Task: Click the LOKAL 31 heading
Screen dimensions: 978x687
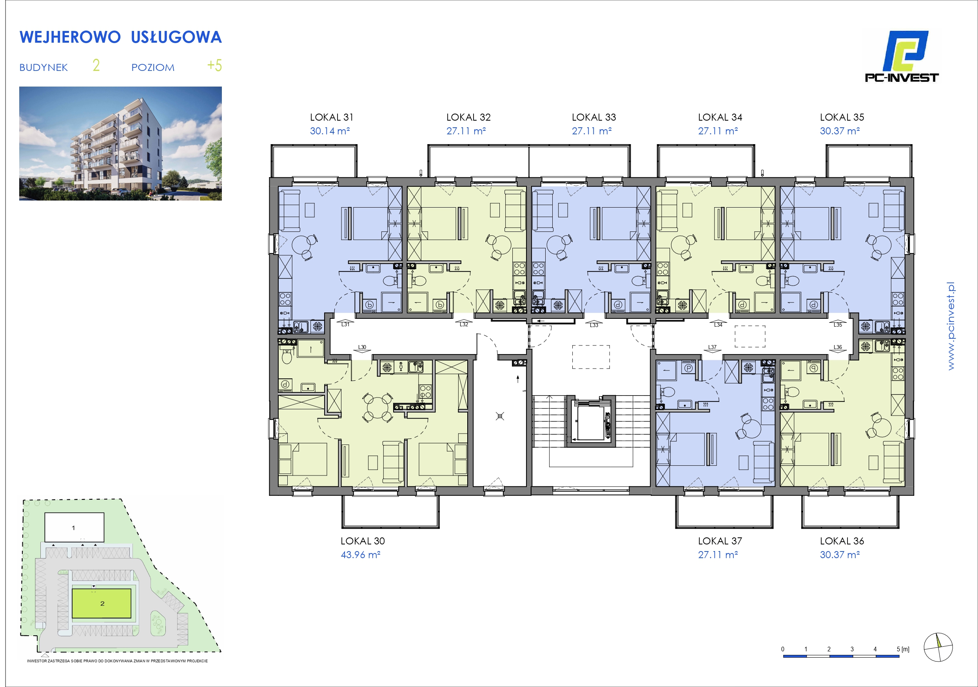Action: click(331, 117)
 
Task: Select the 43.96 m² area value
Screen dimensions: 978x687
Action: click(360, 555)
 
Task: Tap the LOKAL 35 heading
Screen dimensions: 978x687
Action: click(842, 117)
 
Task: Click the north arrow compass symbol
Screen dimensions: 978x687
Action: click(938, 647)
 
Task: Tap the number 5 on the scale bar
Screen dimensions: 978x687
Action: click(898, 649)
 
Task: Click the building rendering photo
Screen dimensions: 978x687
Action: click(121, 143)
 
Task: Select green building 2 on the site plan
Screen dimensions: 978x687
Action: click(102, 603)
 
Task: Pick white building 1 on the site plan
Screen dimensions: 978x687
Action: click(74, 527)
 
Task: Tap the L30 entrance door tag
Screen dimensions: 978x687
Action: click(362, 347)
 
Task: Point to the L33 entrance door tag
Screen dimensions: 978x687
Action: click(594, 325)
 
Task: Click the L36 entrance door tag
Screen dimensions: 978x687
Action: click(837, 347)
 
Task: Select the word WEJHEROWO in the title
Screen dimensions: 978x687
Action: click(70, 37)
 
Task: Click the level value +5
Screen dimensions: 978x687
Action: click(214, 65)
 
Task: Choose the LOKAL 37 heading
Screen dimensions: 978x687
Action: click(720, 541)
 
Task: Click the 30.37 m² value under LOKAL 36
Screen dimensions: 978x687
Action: click(840, 555)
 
